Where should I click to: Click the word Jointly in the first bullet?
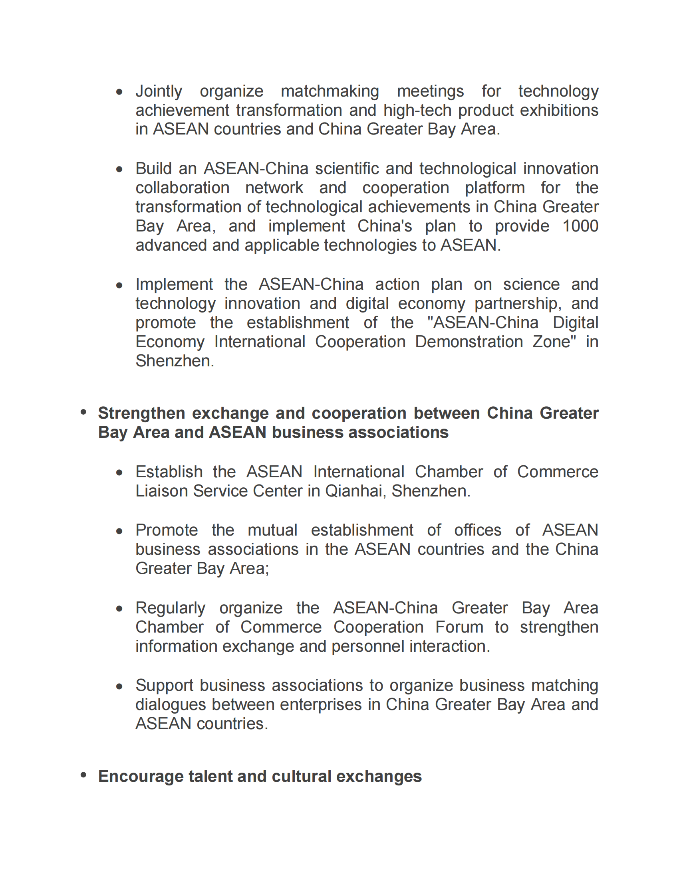159,92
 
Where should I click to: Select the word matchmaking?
330,92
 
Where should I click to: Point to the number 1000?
580,226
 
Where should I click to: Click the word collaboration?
182,188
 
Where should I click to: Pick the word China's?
385,226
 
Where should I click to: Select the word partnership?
518,304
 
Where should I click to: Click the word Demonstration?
469,342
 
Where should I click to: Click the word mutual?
272,530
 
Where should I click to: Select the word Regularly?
170,608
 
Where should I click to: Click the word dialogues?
171,705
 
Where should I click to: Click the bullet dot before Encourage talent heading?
83,775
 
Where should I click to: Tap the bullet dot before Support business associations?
119,687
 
